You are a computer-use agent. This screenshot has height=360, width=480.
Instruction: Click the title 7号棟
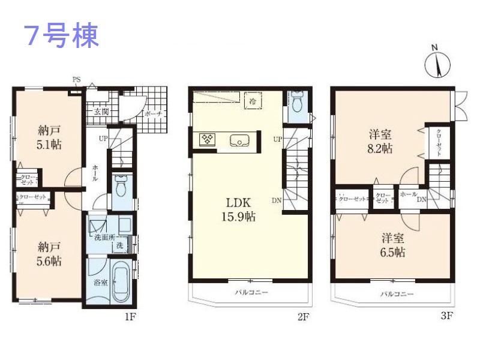[61, 36]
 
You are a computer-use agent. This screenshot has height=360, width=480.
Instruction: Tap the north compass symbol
[437, 62]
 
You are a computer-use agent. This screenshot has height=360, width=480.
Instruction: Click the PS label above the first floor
[76, 80]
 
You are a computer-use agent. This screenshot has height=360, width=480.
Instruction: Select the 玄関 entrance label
[101, 112]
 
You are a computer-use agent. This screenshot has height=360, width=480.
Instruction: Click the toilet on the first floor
[121, 187]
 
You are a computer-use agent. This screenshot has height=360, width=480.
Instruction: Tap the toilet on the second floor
[298, 103]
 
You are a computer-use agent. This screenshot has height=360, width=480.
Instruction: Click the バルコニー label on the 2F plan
[251, 293]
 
